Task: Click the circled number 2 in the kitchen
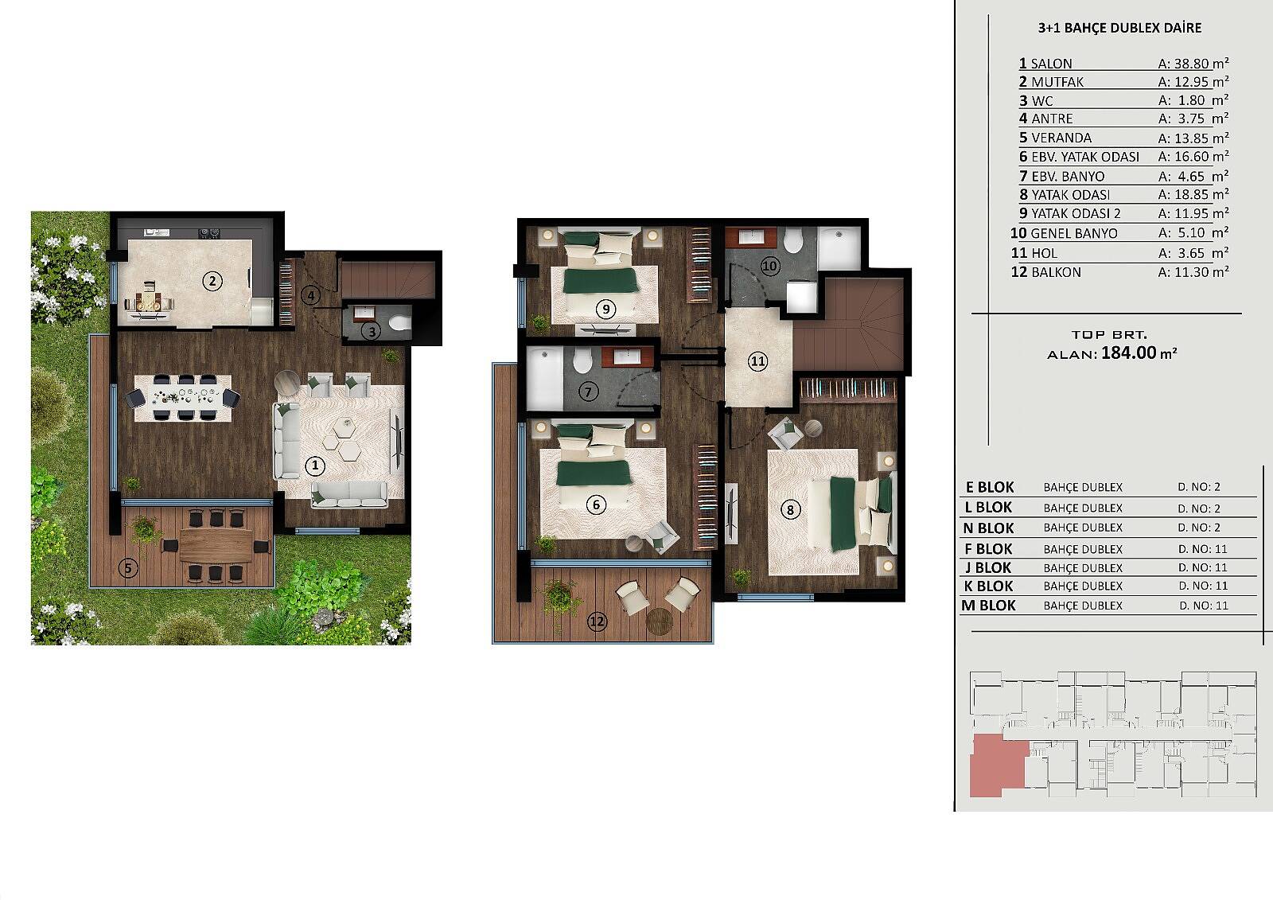click(212, 281)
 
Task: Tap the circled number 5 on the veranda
click(128, 568)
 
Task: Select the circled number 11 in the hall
click(757, 361)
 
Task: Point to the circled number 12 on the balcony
click(597, 621)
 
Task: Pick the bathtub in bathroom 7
click(545, 378)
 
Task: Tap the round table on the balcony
click(660, 621)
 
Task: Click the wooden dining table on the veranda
click(216, 544)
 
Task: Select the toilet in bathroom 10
click(792, 240)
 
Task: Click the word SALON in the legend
click(1051, 64)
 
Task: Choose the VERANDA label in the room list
click(1061, 138)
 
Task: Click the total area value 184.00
click(1129, 353)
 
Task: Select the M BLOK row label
click(988, 606)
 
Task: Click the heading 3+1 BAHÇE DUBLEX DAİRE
click(1119, 28)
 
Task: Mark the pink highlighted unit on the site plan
click(999, 765)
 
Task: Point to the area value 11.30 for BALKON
click(1192, 272)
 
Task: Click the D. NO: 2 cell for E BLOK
click(1199, 487)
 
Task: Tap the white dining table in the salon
click(183, 398)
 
